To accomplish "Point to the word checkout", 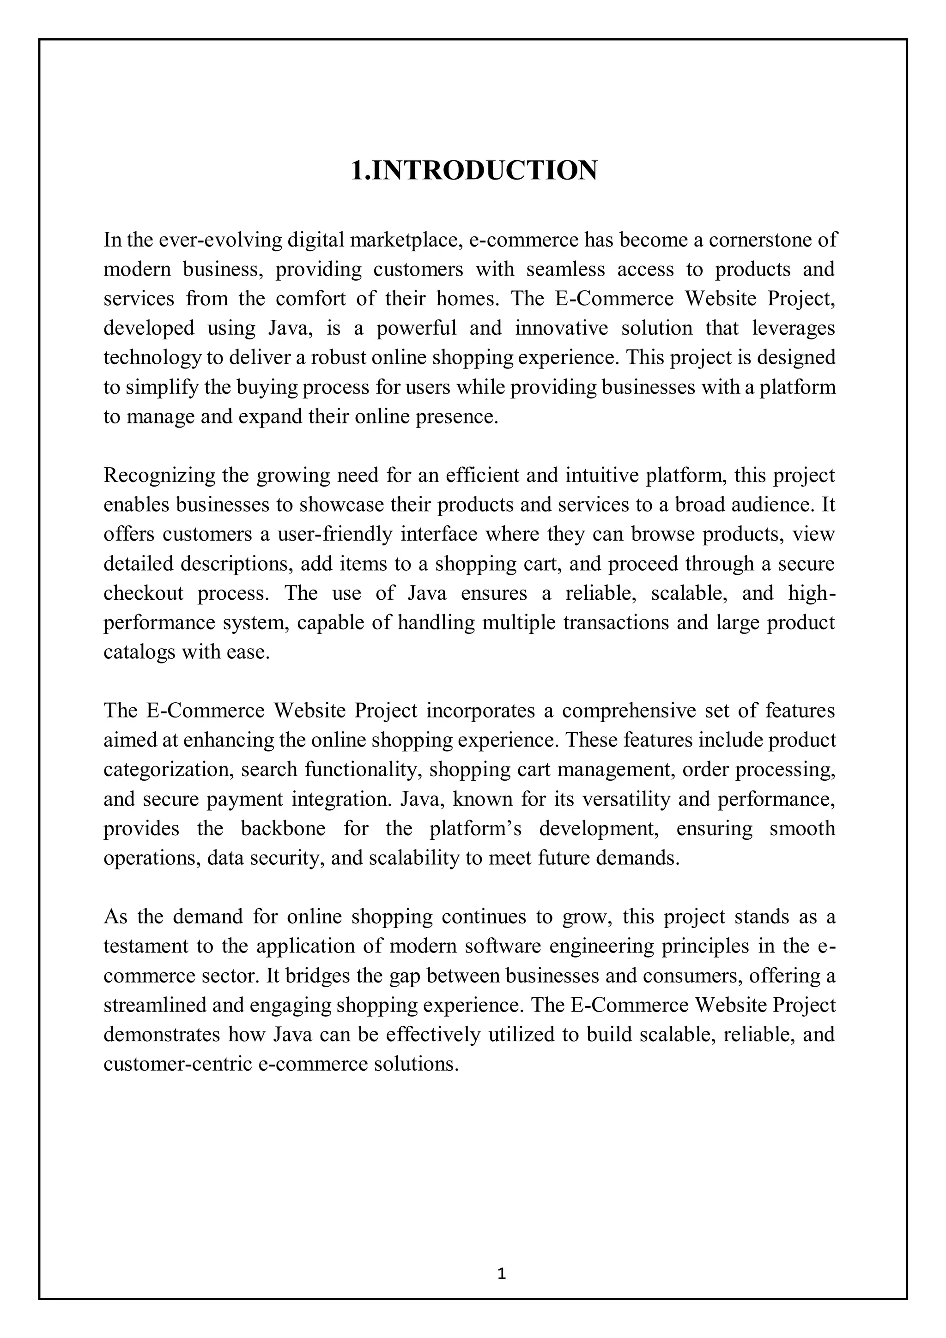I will coord(143,593).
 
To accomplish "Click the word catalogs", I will coord(139,651).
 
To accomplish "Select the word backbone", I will coord(283,829).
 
